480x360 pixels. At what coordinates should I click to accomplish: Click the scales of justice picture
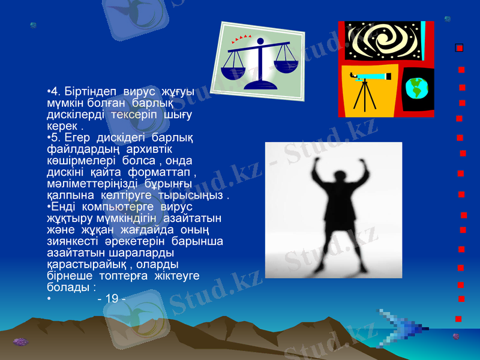point(263,61)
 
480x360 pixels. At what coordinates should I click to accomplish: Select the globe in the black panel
point(416,89)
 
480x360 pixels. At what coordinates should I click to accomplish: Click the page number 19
point(111,298)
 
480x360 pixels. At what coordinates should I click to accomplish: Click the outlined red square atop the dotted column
point(459,47)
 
